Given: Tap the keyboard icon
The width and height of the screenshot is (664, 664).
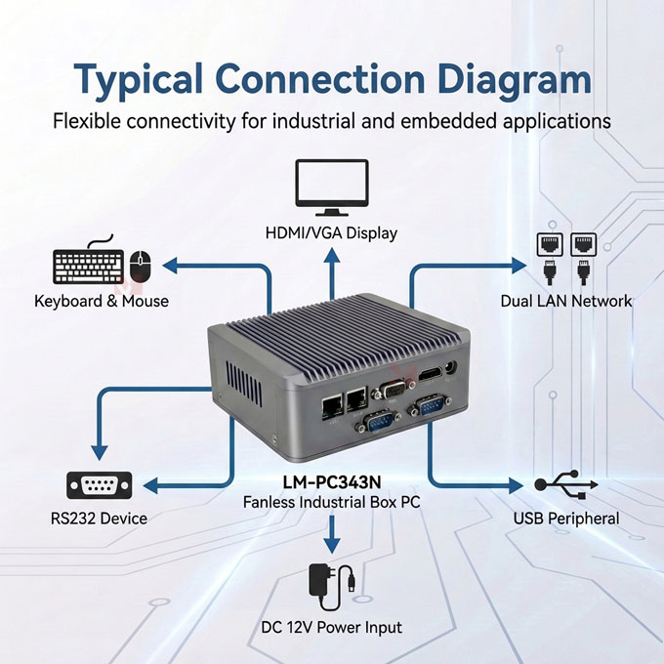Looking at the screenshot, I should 88,266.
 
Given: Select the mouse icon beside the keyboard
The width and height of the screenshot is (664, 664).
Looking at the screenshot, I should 141,264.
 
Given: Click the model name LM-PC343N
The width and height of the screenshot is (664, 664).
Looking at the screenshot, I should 332,482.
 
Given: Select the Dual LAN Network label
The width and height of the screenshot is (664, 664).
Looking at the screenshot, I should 566,301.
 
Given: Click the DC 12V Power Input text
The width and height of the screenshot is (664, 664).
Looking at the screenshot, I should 332,627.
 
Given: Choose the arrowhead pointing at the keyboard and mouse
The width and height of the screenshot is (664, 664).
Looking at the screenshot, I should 169,264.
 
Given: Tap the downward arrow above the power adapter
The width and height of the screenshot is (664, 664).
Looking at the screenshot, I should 332,542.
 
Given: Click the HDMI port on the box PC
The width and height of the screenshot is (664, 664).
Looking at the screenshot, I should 428,376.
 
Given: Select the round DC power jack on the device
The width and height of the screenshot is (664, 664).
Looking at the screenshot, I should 450,369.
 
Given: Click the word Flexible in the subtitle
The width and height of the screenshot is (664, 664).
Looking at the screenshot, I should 90,122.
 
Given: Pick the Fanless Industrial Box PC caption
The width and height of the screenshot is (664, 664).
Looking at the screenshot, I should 332,502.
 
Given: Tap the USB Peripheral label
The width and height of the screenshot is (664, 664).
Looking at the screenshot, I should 566,518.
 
